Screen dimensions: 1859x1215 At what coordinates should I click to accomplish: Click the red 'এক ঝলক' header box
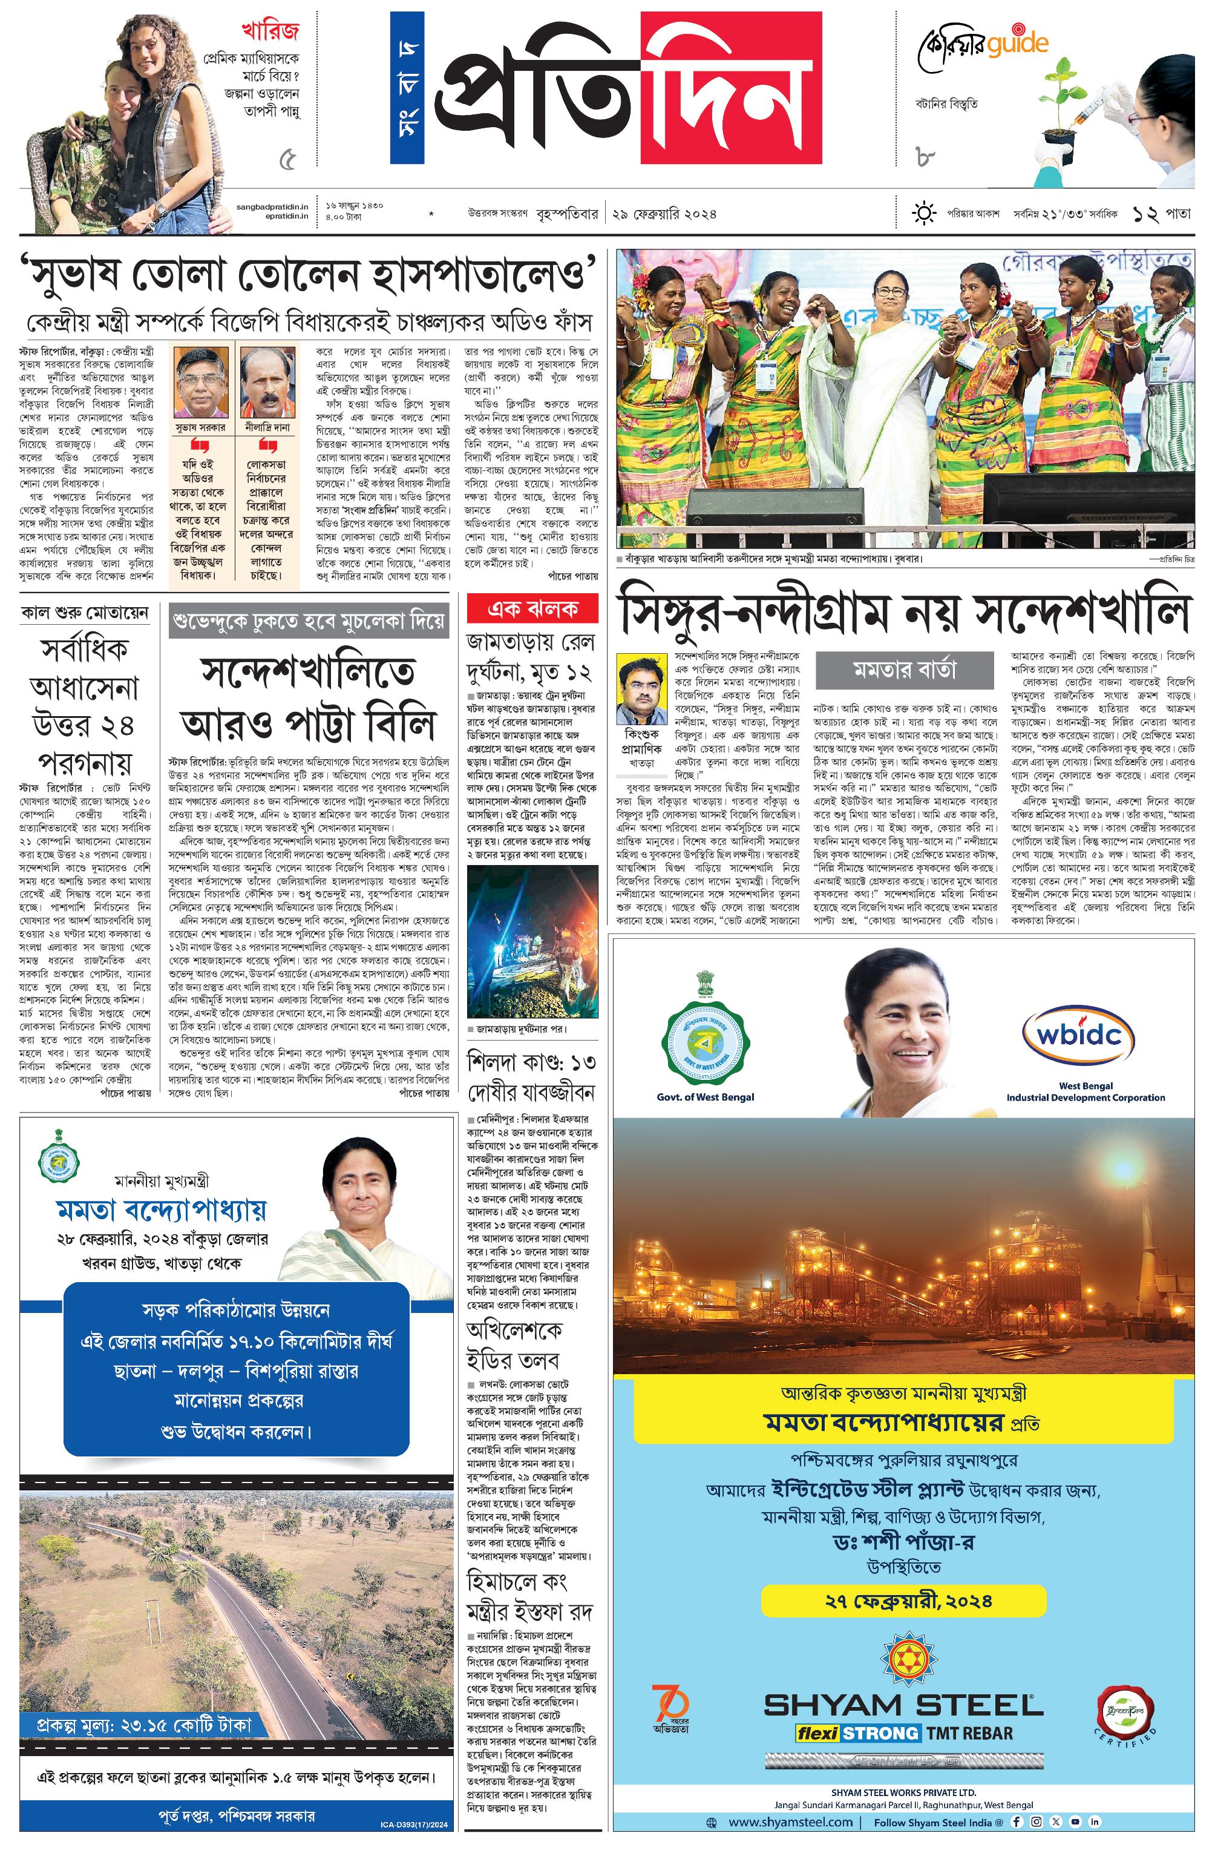(x=532, y=608)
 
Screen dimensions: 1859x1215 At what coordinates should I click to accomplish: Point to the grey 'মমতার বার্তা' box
(x=903, y=670)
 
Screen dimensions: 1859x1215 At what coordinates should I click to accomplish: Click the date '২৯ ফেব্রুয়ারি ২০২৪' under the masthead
(x=664, y=213)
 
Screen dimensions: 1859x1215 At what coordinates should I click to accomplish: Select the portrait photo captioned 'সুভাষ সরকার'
(x=200, y=383)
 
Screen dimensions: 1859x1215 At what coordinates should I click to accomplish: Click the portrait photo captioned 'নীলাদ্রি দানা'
(x=266, y=383)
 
